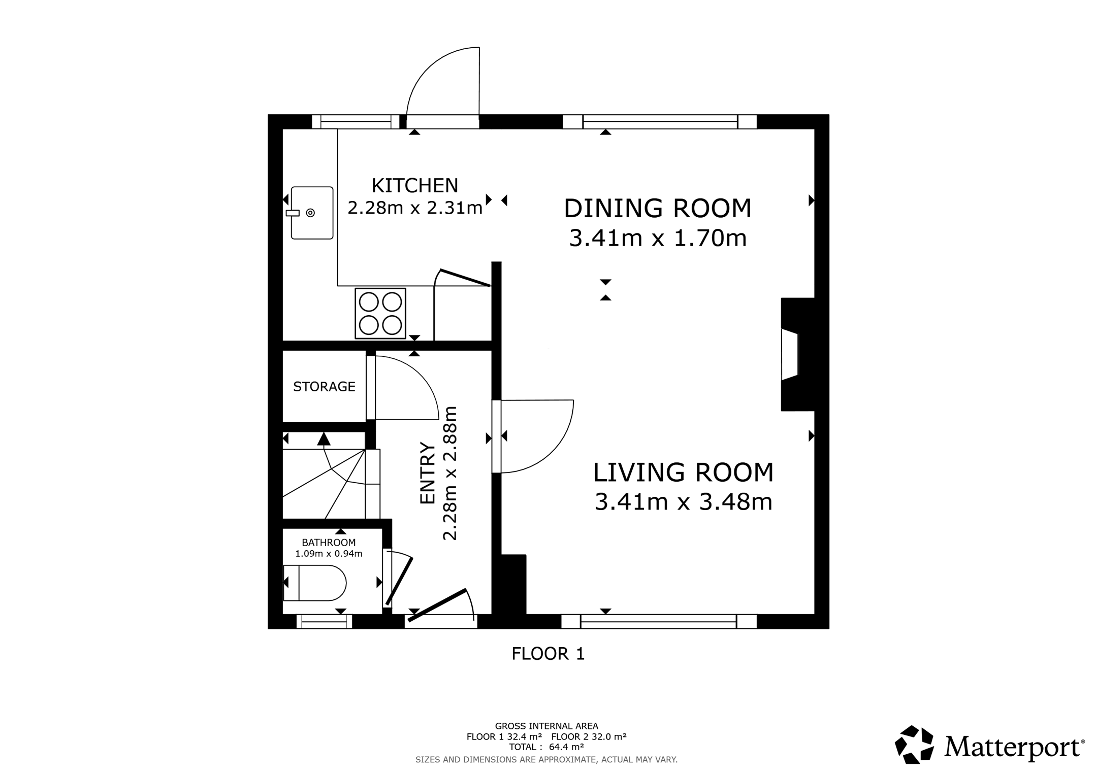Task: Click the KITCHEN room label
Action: (415, 186)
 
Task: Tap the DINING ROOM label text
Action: (658, 209)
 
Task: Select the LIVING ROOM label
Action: (683, 473)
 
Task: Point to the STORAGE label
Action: (324, 387)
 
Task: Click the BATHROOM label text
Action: (329, 543)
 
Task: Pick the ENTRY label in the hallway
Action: (428, 474)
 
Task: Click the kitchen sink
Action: (311, 213)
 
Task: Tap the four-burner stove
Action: (380, 313)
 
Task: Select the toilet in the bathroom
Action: (314, 583)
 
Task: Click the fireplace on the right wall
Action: (797, 354)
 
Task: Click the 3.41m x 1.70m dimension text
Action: (658, 238)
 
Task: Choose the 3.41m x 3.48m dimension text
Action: (683, 502)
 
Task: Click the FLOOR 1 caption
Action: (548, 654)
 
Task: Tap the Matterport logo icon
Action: (914, 745)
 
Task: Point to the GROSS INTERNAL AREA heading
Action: (546, 726)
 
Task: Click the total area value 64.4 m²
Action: (566, 747)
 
